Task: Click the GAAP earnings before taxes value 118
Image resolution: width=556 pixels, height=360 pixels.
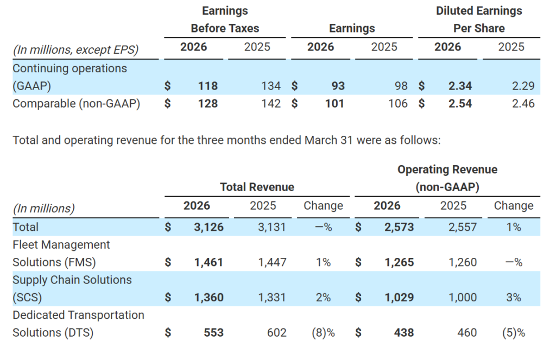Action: point(208,86)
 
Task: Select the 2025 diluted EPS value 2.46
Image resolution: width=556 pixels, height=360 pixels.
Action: point(523,103)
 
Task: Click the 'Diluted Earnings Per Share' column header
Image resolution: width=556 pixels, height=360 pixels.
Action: point(479,20)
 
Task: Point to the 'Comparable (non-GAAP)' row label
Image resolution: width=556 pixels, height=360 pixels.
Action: point(76,103)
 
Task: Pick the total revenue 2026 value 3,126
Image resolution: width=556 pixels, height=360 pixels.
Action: point(208,227)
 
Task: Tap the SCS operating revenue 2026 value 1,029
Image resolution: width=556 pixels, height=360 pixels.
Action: point(399,298)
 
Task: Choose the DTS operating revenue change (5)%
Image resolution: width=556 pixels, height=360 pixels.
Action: point(513,332)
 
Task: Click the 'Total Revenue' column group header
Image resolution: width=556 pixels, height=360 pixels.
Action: point(257,187)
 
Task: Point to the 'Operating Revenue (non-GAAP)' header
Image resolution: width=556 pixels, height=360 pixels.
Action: point(447,178)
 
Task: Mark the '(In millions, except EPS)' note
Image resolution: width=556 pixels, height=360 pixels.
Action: point(75,50)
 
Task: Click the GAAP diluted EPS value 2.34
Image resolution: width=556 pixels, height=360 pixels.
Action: point(460,86)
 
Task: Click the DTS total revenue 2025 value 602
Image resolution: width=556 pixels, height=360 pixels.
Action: point(276,332)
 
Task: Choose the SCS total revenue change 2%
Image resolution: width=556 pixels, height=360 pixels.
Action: point(323,298)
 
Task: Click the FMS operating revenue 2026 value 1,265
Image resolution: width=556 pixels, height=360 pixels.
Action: point(399,262)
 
